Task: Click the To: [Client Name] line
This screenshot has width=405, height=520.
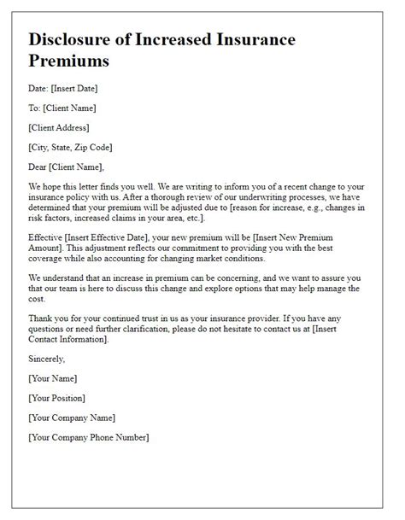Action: tap(62, 109)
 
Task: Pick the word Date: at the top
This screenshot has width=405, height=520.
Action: tap(40, 89)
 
